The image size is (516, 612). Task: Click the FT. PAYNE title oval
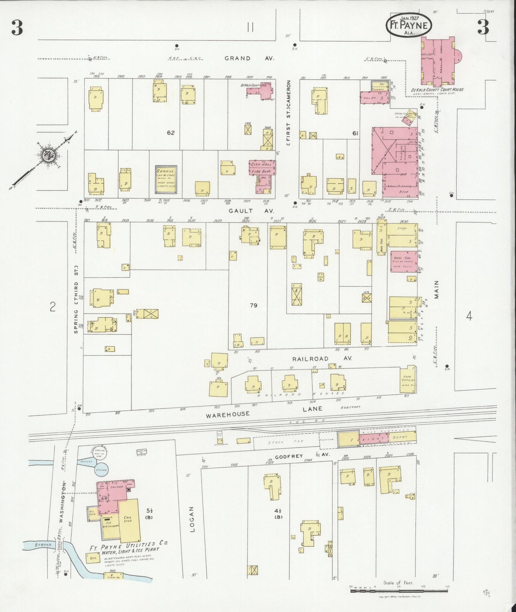(x=409, y=25)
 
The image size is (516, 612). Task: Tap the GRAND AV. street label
(x=249, y=58)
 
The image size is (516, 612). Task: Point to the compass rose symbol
(x=47, y=156)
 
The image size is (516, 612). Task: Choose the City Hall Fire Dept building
(x=262, y=167)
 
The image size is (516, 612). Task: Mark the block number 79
(x=254, y=305)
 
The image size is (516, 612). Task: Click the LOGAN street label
(x=192, y=519)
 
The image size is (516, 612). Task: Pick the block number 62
(x=171, y=133)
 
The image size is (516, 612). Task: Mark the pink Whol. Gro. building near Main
(x=403, y=261)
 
